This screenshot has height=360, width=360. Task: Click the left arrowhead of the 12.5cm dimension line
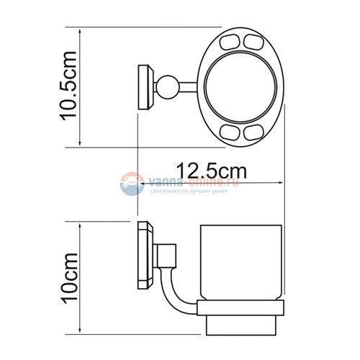tap(140, 184)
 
